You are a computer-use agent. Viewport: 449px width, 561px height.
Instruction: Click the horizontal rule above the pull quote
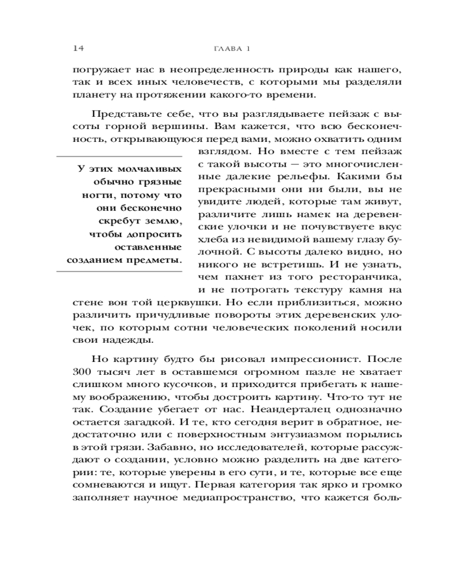pos(120,155)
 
